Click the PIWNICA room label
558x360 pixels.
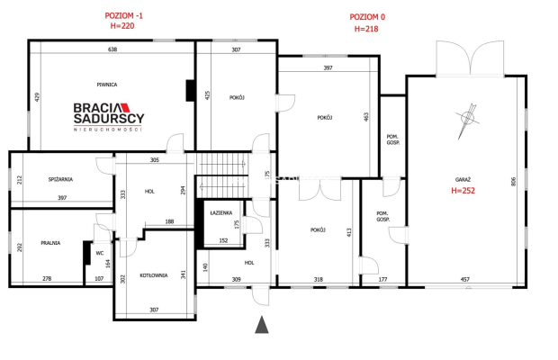pos(107,85)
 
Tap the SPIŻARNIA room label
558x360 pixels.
pos(60,179)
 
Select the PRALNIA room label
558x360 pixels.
pos(50,243)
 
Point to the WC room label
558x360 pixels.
pos(100,253)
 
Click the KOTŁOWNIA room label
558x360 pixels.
pos(154,275)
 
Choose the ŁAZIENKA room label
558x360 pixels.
pos(221,212)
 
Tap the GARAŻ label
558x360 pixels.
pos(463,180)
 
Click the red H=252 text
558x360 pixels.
pos(463,191)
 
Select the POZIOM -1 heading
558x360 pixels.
pos(123,15)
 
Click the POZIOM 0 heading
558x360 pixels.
pos(367,17)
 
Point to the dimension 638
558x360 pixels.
pos(112,49)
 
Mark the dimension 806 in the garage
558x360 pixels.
pos(513,182)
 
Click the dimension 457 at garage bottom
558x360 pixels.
pos(464,280)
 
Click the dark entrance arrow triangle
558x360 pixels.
pos(262,324)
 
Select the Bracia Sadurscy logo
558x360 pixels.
pos(109,117)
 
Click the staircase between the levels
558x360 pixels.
pos(222,175)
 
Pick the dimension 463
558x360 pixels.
pos(366,117)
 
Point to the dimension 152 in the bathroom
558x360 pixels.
pos(223,240)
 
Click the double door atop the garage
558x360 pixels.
pos(470,58)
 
